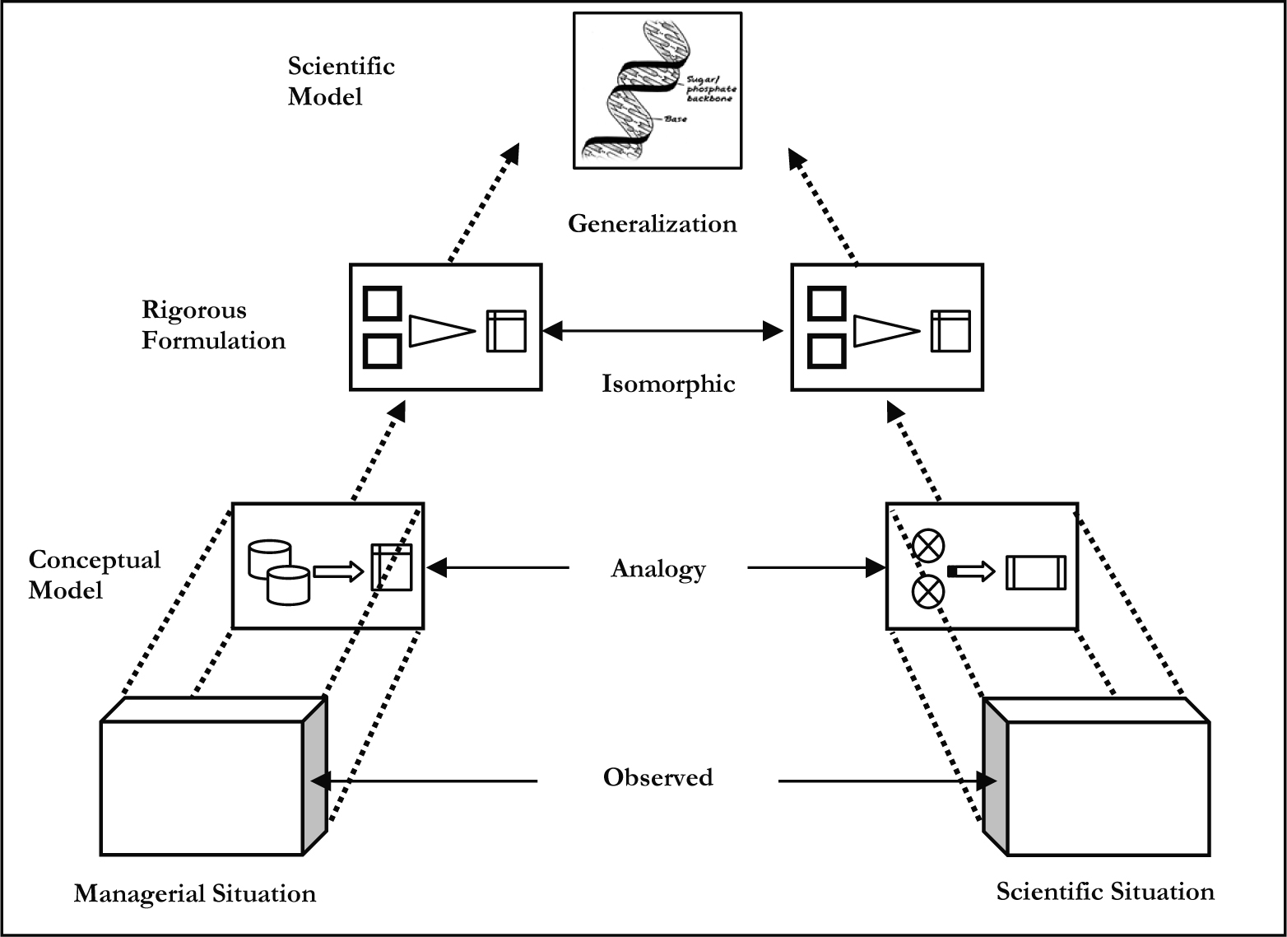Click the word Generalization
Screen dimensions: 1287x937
[652, 224]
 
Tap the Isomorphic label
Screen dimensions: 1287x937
[668, 384]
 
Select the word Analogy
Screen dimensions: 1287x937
[657, 569]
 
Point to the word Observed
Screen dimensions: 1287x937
[657, 777]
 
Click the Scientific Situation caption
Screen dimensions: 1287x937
[1105, 892]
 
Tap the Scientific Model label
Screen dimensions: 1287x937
[341, 81]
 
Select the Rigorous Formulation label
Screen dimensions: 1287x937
[213, 324]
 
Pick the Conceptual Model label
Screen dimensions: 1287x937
[95, 574]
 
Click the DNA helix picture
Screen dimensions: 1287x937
[657, 91]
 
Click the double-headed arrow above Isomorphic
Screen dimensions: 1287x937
[662, 330]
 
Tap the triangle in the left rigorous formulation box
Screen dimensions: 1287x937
[441, 331]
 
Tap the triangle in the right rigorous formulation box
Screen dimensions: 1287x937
[886, 331]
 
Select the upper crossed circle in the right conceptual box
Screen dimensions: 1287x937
[928, 546]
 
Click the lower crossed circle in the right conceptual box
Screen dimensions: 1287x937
[928, 591]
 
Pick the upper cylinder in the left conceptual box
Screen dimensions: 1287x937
[269, 557]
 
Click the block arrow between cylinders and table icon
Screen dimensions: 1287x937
[338, 572]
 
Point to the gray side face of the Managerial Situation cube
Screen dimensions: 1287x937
[315, 776]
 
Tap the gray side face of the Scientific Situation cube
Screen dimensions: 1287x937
[996, 776]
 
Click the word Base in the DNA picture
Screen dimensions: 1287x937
[676, 119]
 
